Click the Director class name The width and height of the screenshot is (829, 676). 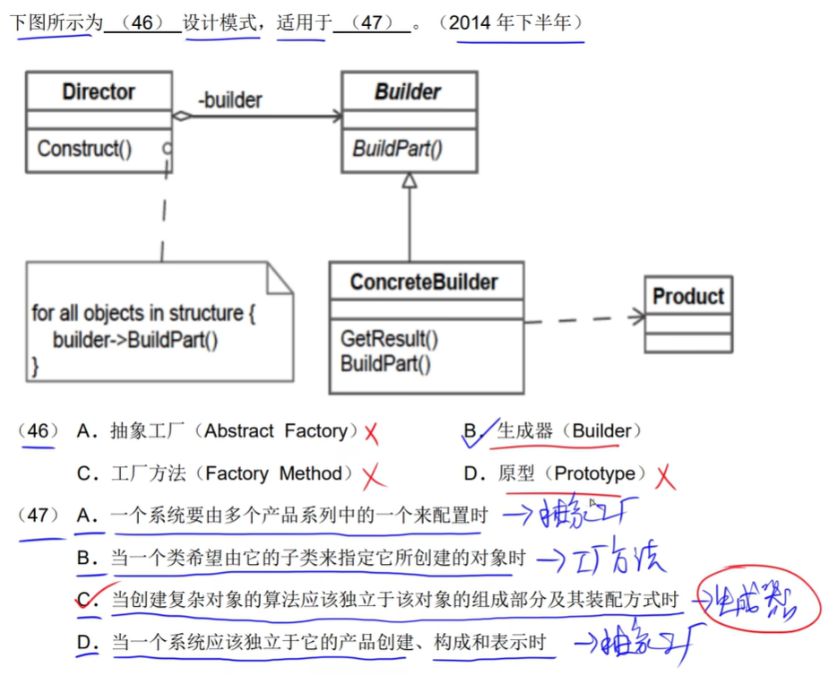pos(99,91)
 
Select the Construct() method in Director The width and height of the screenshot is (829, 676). pos(84,149)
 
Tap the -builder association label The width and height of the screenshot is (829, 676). pos(230,100)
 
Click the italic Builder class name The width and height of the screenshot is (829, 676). pos(408,91)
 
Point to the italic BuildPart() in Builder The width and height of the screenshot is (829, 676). pos(397,149)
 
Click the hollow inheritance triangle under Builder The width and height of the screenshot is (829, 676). pos(410,180)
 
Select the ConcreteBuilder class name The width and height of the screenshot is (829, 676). pos(424,282)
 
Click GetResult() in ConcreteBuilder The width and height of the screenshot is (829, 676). pos(389,339)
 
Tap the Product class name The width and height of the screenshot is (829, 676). pos(688,296)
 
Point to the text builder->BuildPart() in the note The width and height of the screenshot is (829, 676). pos(135,340)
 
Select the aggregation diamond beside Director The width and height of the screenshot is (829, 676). pos(183,116)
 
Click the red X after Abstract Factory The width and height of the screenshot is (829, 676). pos(371,434)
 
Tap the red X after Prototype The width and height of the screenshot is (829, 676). pos(664,477)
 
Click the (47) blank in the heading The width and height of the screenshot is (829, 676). pos(372,23)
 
